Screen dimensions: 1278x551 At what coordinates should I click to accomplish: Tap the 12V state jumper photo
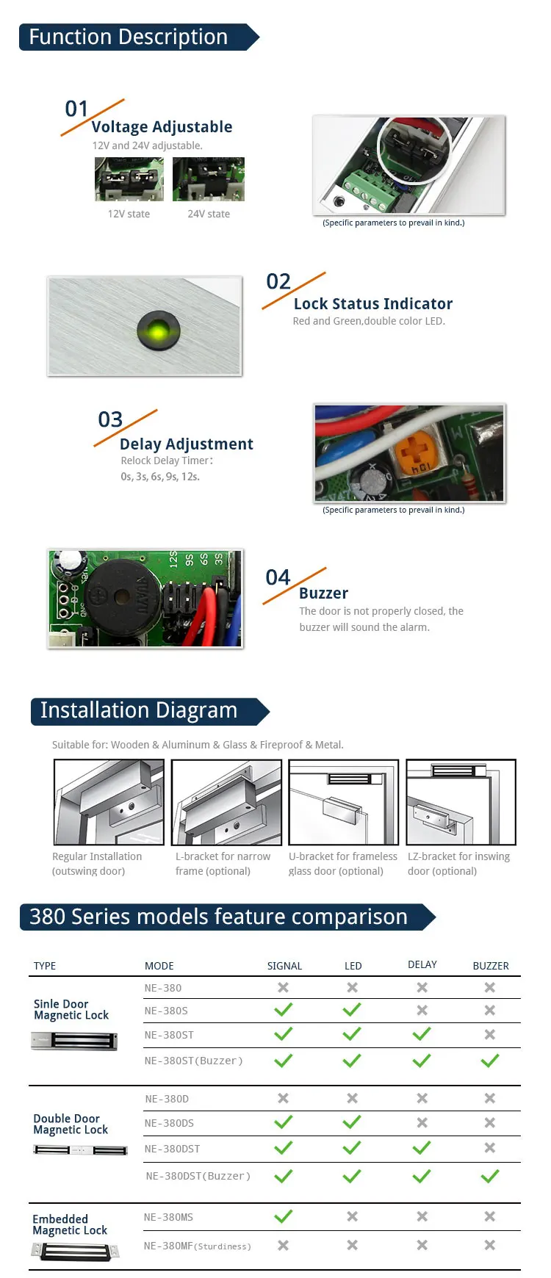coord(129,179)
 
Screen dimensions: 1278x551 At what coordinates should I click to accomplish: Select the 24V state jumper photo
coord(209,179)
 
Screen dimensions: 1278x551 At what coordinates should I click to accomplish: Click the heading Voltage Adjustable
coord(162,127)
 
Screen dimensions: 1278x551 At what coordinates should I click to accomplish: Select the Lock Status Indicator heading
coord(372,304)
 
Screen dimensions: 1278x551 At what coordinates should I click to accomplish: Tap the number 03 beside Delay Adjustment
coord(110,419)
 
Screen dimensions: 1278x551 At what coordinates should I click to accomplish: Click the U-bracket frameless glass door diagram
coord(343,802)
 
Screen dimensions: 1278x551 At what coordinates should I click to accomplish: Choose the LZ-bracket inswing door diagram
coord(461,802)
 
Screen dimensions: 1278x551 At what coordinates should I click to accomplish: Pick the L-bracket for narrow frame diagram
coord(226,802)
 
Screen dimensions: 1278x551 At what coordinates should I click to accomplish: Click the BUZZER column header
coord(490,966)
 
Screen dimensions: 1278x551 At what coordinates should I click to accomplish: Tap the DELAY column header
coord(422,964)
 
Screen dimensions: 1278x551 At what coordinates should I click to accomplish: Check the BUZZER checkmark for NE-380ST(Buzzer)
coord(490,1061)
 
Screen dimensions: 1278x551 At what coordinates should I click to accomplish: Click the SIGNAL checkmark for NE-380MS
coord(283,1217)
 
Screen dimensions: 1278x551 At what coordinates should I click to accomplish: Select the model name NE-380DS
coord(169,1123)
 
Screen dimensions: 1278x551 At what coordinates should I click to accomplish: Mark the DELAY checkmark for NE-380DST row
coord(422,1148)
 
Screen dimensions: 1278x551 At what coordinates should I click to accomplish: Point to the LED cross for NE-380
coord(353,988)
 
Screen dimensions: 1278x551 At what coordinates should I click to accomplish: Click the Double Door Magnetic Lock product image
coord(81,1150)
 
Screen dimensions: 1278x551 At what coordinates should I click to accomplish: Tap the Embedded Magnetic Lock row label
coord(70,1224)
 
